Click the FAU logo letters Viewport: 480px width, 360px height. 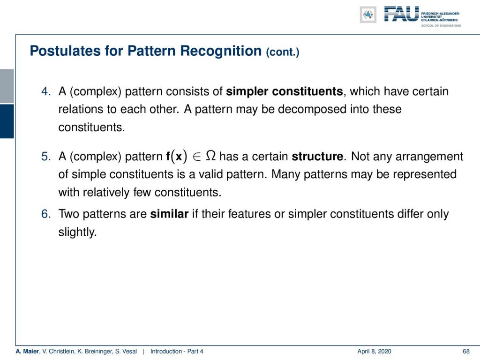tap(401, 14)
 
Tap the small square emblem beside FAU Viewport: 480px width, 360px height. tap(368, 15)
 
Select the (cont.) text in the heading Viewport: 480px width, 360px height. tap(283, 52)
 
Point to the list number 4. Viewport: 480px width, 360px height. tap(46, 91)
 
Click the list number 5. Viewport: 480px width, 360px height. tap(46, 157)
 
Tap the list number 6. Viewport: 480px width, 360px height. tap(46, 214)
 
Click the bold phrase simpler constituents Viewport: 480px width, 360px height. tap(285, 91)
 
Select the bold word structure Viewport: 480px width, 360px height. tap(317, 157)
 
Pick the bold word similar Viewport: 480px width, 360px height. tap(169, 214)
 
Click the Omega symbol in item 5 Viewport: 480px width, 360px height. tap(211, 156)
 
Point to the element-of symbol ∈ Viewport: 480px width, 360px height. tap(197, 157)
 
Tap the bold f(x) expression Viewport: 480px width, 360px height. tap(176, 157)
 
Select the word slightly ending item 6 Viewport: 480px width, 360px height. tap(77, 232)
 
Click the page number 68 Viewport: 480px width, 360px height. tap(466, 352)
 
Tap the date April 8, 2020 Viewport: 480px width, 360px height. tap(374, 352)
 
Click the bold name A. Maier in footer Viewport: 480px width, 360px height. tap(27, 352)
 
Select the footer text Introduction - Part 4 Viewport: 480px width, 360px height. tap(177, 352)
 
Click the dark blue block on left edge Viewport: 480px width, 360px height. tap(7, 121)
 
